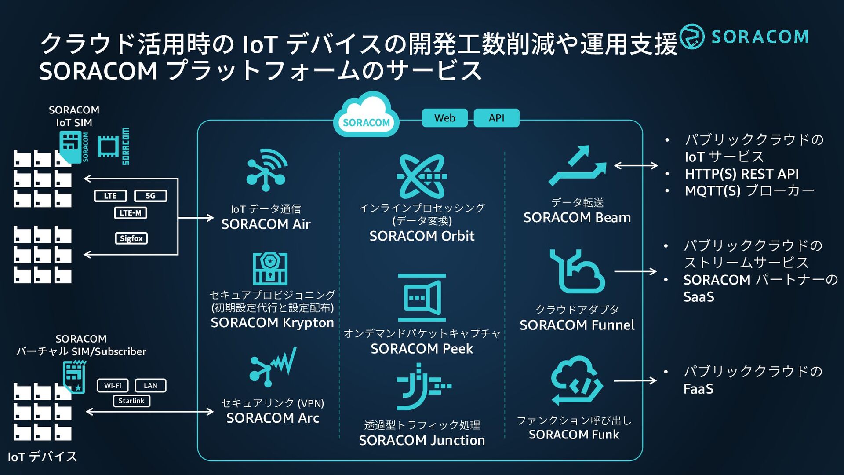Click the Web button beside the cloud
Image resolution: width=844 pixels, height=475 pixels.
point(444,118)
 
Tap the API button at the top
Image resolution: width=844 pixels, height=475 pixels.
point(496,118)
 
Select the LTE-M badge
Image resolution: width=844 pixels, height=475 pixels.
point(131,213)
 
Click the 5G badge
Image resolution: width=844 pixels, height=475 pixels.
point(150,196)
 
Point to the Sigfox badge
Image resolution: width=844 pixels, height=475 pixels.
point(131,238)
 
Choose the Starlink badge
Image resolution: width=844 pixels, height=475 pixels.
point(131,401)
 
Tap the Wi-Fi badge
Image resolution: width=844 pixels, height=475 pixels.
point(113,385)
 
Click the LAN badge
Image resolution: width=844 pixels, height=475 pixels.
point(150,385)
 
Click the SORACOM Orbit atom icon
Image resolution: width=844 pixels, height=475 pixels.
point(422,176)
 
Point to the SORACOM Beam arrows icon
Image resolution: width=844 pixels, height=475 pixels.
point(577,165)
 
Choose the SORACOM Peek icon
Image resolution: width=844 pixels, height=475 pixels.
point(422,298)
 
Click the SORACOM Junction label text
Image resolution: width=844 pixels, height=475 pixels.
point(422,440)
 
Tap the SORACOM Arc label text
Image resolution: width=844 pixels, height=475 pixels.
point(273,418)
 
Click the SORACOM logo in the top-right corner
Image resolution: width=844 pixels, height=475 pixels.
point(744,37)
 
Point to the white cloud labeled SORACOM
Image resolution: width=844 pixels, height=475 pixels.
point(366,114)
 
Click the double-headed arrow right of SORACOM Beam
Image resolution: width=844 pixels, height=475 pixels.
point(636,165)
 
